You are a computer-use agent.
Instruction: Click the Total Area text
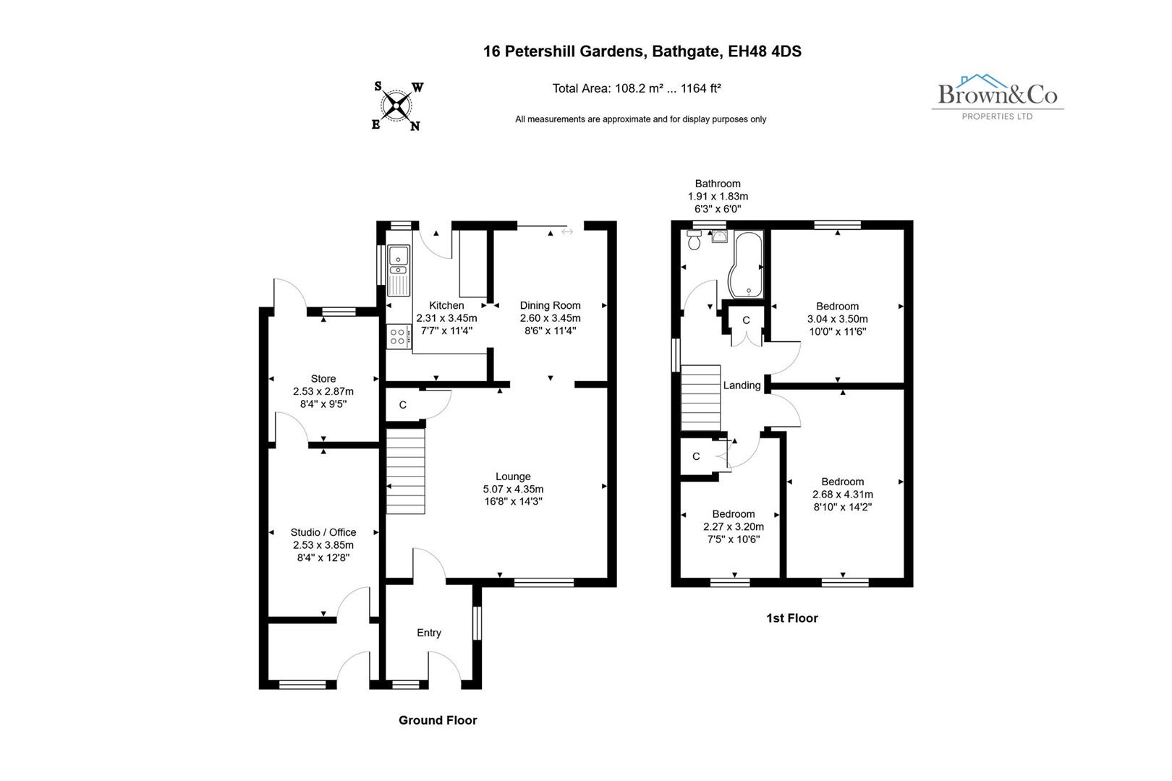tap(637, 88)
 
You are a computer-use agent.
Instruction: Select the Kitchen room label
tap(446, 305)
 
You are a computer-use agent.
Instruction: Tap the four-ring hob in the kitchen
tap(397, 336)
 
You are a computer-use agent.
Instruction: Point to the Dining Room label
tap(550, 305)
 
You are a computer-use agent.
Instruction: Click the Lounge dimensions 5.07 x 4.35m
tap(513, 489)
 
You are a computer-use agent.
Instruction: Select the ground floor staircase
tap(405, 471)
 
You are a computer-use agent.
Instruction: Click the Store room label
tap(323, 378)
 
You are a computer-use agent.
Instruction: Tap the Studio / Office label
tap(323, 532)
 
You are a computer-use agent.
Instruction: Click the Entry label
tap(428, 633)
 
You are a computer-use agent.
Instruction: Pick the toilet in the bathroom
tap(695, 241)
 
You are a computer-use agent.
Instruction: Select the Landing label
tap(742, 385)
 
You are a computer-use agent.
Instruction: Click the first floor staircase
tap(700, 398)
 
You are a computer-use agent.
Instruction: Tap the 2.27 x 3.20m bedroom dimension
tap(734, 526)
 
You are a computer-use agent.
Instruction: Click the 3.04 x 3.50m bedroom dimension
tap(837, 319)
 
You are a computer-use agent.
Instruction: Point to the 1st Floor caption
tap(791, 618)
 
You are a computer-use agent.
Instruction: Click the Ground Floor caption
tap(438, 720)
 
